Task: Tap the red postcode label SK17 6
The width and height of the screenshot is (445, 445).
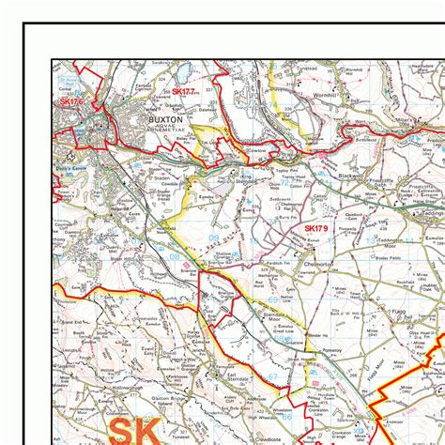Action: coord(71,101)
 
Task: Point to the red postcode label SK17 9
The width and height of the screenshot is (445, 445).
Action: coord(316,228)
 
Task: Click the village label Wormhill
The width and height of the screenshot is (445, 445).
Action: coord(359,96)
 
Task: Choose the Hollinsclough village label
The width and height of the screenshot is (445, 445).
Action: coord(105,385)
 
